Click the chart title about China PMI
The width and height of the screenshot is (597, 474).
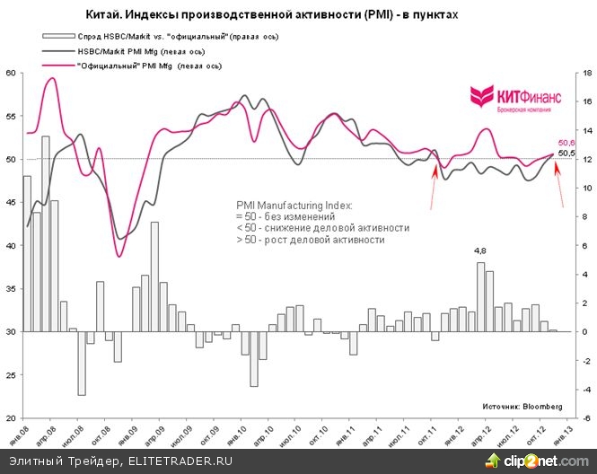(x=296, y=16)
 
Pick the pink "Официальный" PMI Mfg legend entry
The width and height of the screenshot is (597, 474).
(x=140, y=66)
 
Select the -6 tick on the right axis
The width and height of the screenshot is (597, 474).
(x=582, y=417)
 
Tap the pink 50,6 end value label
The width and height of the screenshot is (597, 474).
(x=566, y=143)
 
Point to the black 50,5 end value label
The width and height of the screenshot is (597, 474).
(x=566, y=154)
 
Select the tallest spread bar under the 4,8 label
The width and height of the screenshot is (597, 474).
(x=480, y=296)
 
